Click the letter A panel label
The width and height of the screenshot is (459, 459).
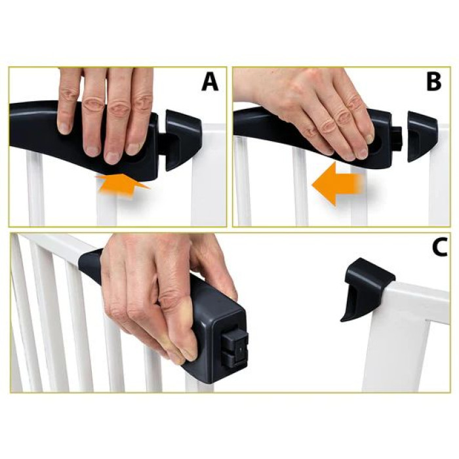(x=209, y=82)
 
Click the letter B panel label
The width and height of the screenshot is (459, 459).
(x=434, y=82)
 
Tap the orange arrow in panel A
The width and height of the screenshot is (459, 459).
(x=123, y=183)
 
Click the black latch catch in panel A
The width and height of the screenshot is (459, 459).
(x=182, y=138)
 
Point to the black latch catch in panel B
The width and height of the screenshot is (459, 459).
(x=422, y=135)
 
